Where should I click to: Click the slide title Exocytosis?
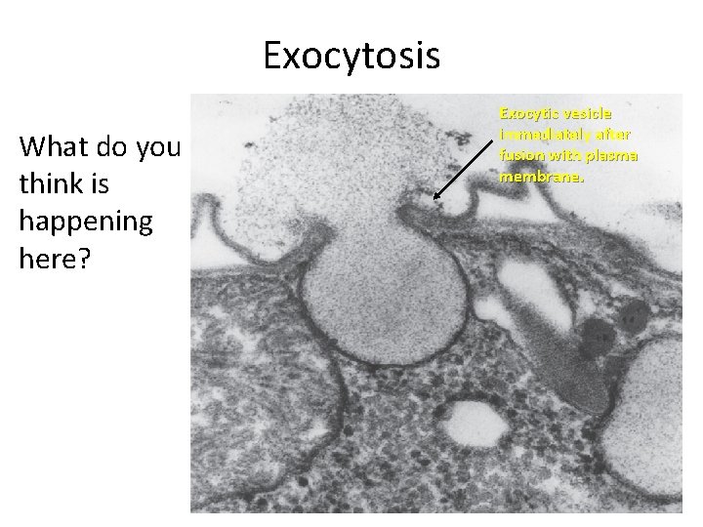click(x=351, y=56)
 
